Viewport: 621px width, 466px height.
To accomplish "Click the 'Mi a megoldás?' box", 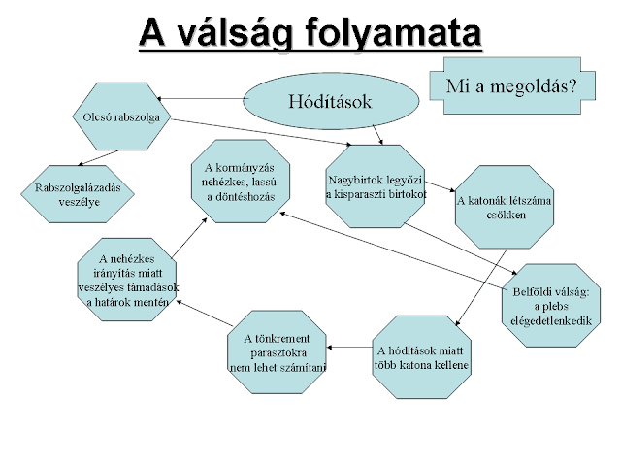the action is coord(510,84).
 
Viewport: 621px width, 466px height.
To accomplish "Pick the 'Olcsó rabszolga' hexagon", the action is coord(120,117).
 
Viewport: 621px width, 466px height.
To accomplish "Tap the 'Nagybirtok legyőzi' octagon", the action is coord(376,184).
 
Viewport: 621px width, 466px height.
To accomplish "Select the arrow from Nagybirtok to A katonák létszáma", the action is coord(440,185).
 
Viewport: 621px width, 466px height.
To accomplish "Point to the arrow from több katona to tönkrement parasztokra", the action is coord(349,348).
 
